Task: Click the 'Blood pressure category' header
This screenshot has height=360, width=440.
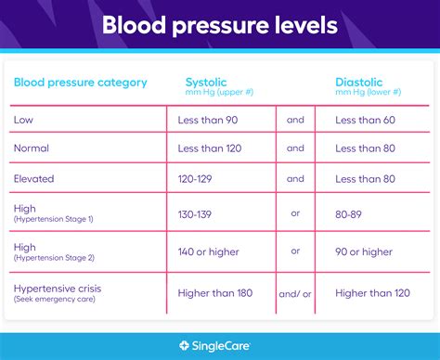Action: [x=80, y=83]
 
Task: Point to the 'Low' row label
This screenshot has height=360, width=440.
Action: [x=24, y=119]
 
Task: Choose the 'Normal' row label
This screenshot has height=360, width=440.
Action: [x=32, y=148]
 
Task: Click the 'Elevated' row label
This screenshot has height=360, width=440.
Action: [x=35, y=178]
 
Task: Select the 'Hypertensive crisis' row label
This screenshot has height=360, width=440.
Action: [x=58, y=289]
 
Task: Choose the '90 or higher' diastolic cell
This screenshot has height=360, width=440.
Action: [x=365, y=251]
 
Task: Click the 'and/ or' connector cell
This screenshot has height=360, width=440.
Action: [x=295, y=294]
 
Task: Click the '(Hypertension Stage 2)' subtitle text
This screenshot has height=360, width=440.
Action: [x=54, y=257]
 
